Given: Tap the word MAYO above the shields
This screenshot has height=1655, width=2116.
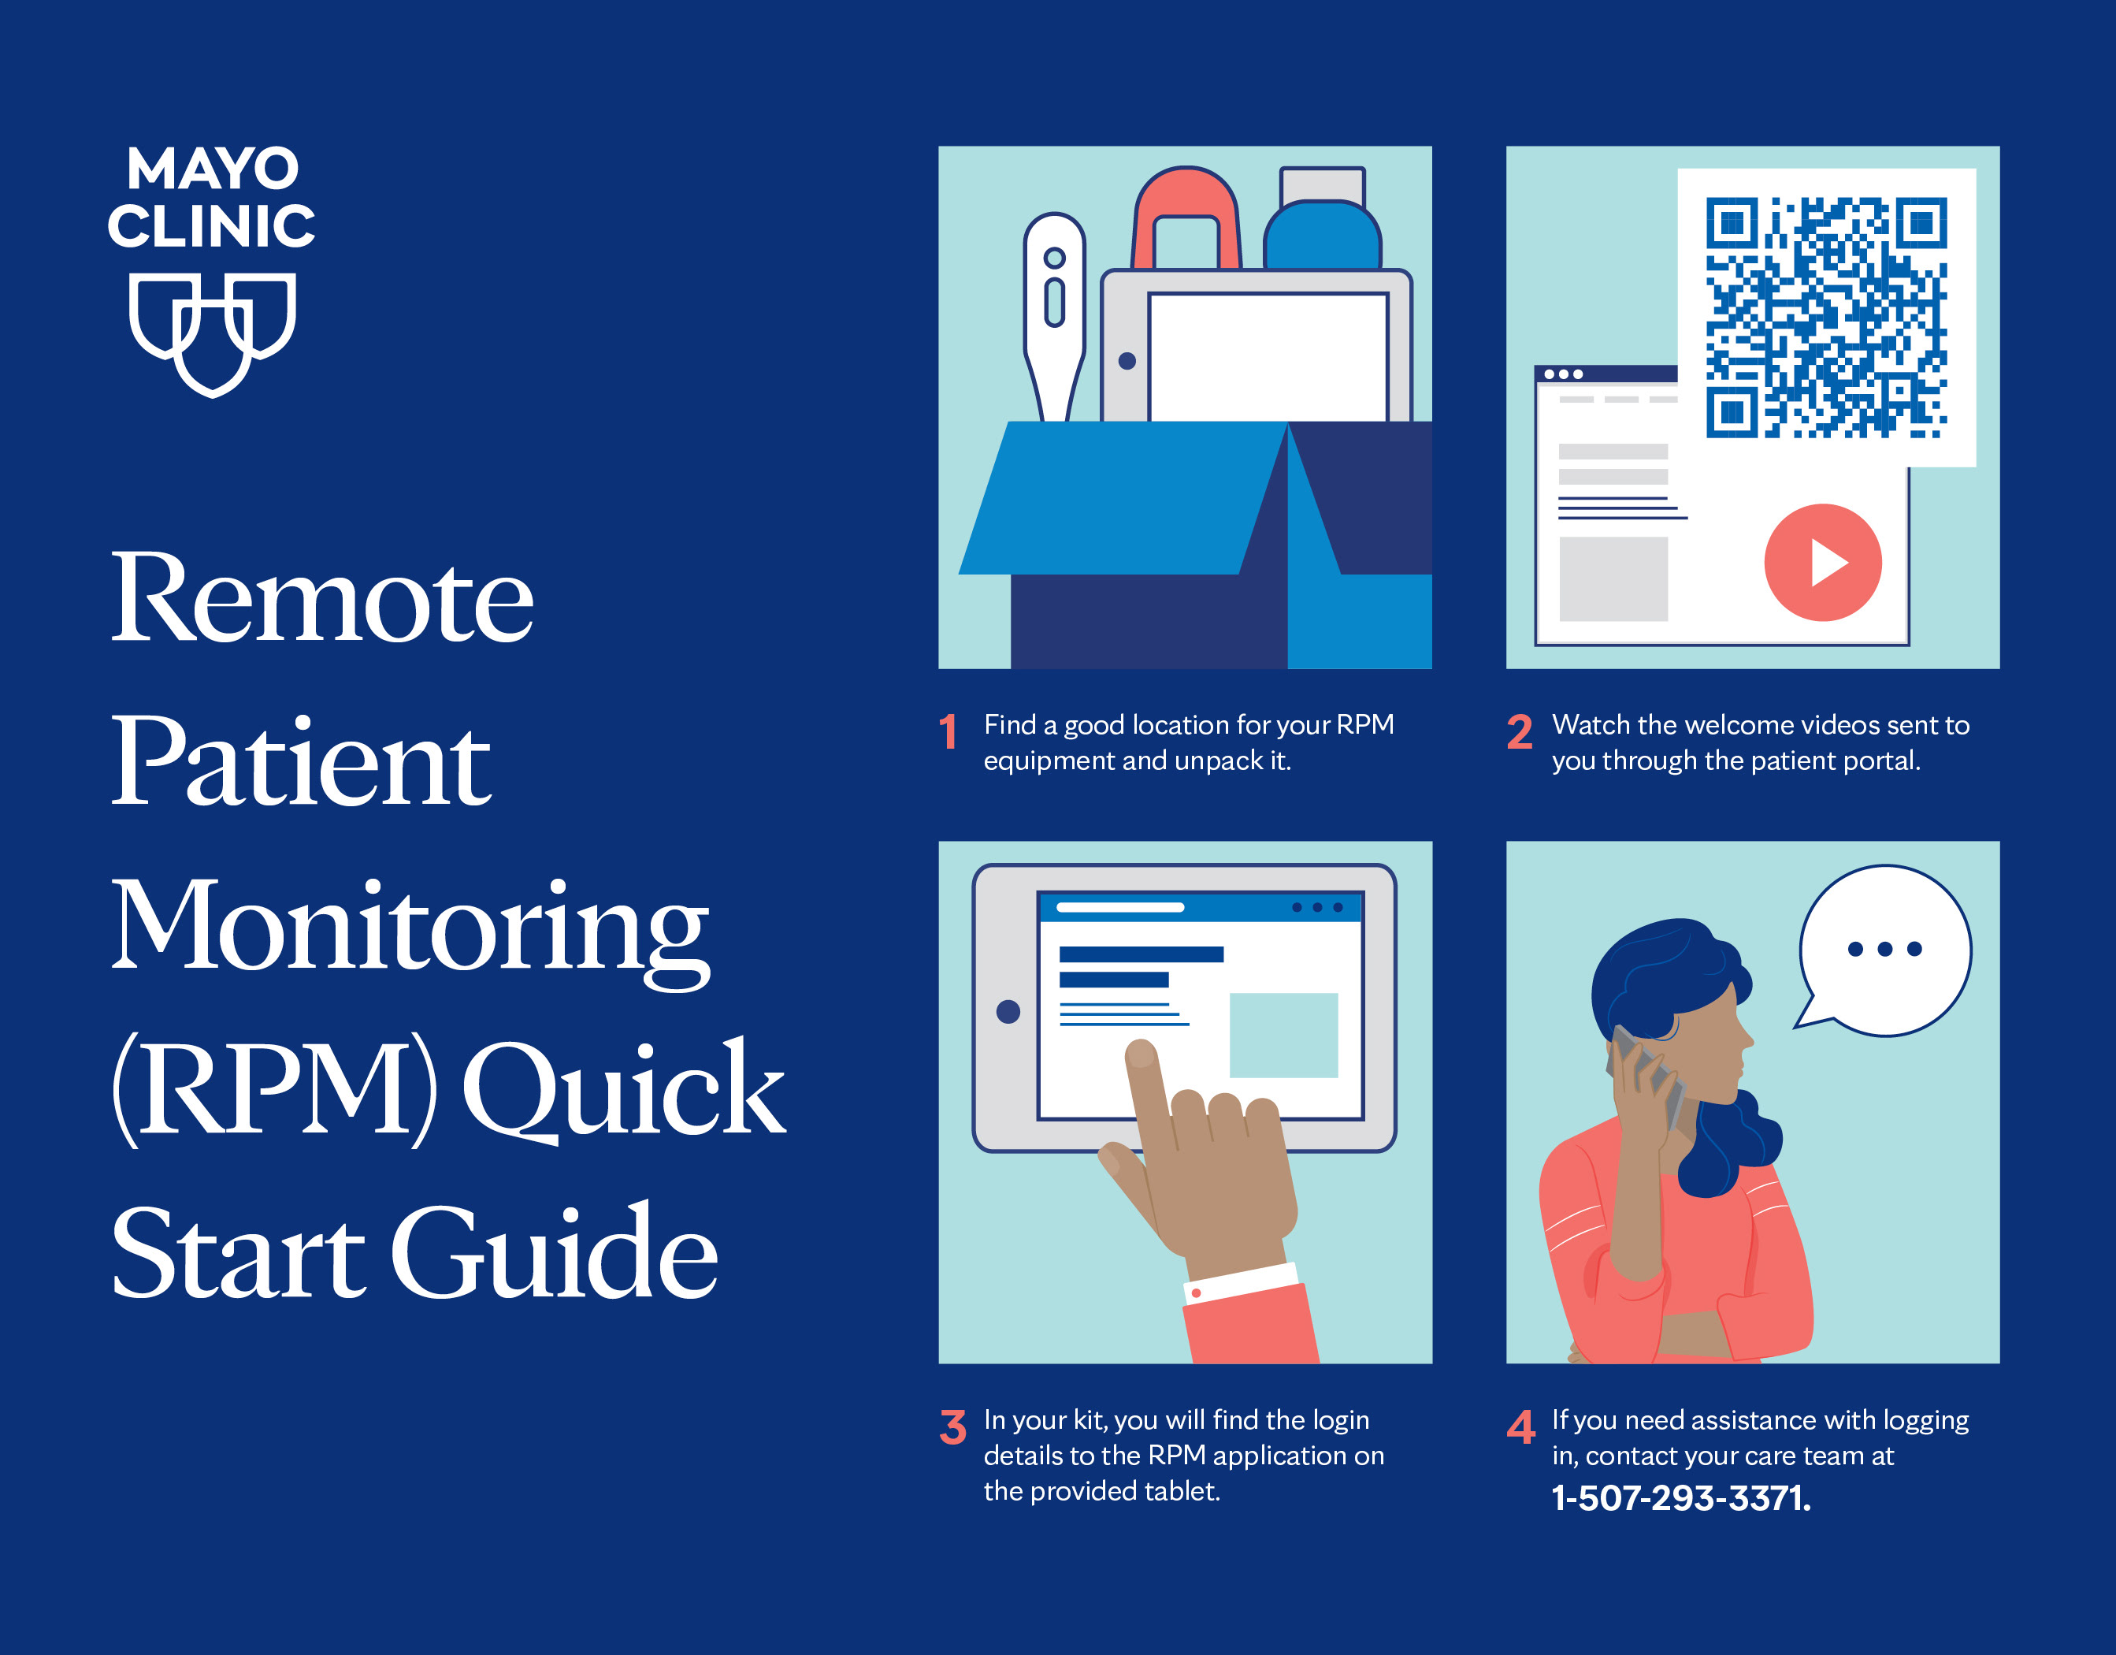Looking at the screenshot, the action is click(x=213, y=169).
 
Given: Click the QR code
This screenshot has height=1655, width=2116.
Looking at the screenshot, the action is click(x=1826, y=318).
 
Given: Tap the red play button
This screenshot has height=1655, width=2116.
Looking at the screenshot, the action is click(x=1822, y=562).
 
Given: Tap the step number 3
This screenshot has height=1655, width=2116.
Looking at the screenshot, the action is click(x=952, y=1426).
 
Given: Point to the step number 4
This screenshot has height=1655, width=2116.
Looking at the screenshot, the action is click(x=1521, y=1426).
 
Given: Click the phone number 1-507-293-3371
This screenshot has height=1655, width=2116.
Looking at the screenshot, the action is click(x=1681, y=1498).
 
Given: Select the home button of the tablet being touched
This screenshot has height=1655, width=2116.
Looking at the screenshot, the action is click(x=1008, y=1012).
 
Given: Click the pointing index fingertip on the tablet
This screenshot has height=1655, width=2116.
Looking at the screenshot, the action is click(x=1142, y=1054).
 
